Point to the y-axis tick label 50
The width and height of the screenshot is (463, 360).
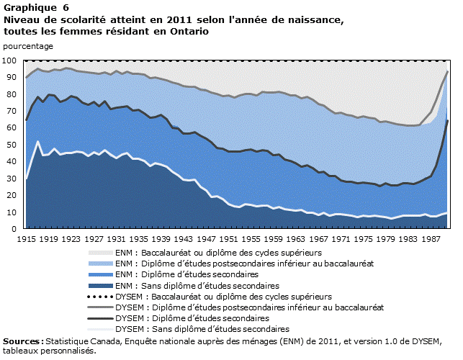pos(12,145)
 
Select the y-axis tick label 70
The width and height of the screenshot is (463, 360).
pos(12,111)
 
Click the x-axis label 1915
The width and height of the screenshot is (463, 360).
pos(27,238)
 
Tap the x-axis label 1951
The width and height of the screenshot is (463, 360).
pos(230,238)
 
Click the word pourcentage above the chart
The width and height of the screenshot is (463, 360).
pos(28,45)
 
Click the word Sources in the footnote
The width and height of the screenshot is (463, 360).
pos(22,341)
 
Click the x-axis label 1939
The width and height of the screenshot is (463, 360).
pos(163,238)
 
